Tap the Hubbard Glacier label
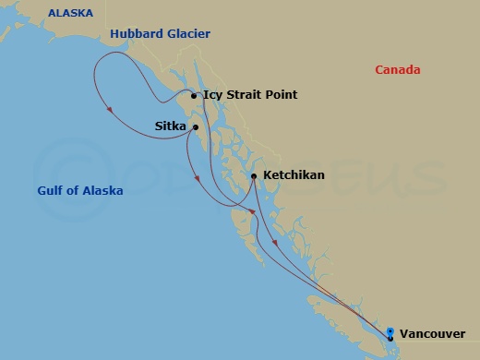[160, 34]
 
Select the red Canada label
[398, 70]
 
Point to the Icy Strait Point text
[249, 95]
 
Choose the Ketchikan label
[294, 174]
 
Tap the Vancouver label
[434, 334]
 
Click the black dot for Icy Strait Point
[193, 96]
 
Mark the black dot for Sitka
[196, 127]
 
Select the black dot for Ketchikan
[253, 175]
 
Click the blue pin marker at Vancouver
[390, 332]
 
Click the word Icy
[212, 95]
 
